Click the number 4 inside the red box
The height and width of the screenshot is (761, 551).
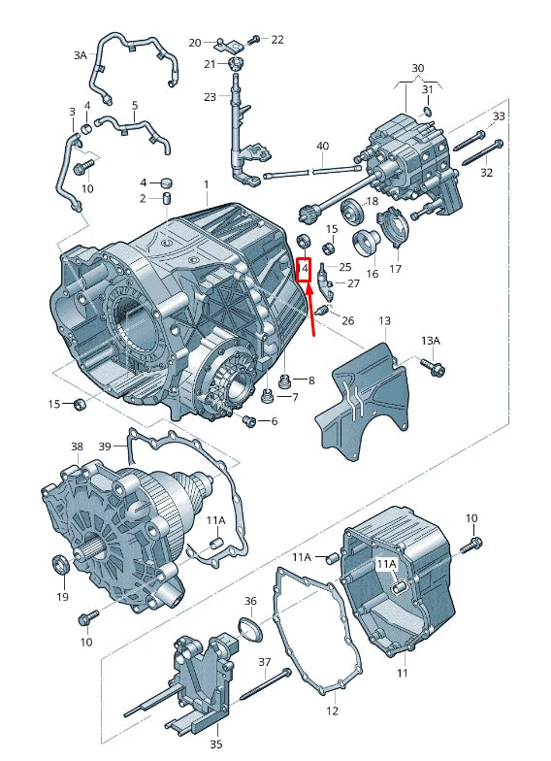tap(305, 268)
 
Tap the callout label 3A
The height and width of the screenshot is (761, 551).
tap(80, 55)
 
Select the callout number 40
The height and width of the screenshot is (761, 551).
tap(322, 146)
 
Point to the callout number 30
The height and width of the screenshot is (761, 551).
tap(417, 68)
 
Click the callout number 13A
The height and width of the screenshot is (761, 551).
tap(431, 341)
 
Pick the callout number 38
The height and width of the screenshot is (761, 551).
tap(78, 447)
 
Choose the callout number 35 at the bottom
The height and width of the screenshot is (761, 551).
tap(216, 744)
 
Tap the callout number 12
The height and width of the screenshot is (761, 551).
tap(332, 711)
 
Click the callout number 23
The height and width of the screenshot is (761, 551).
tap(210, 97)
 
